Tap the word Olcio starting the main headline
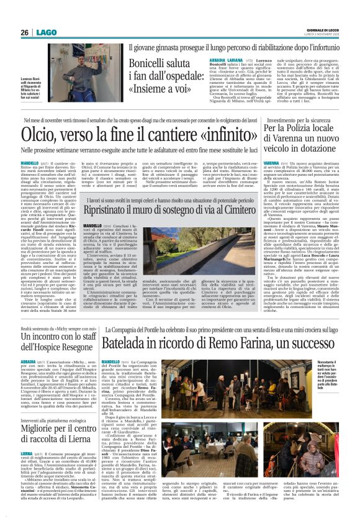point(40,134)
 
